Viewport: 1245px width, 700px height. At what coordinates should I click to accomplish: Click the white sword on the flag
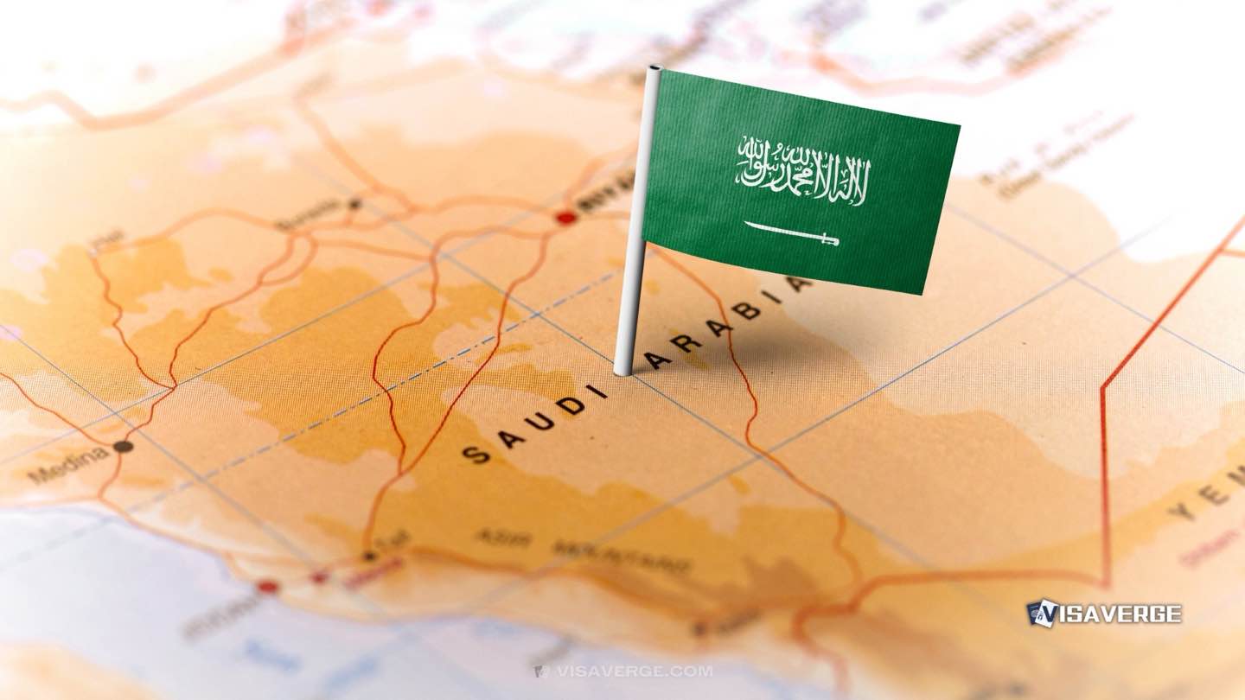pyautogui.click(x=791, y=233)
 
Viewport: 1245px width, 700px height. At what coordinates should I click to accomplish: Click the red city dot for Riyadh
pyautogui.click(x=566, y=218)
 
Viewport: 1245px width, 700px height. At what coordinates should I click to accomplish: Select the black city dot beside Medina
pyautogui.click(x=123, y=447)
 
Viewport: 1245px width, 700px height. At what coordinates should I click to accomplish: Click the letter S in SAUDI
pyautogui.click(x=473, y=455)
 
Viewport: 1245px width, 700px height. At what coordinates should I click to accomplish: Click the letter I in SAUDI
pyautogui.click(x=598, y=391)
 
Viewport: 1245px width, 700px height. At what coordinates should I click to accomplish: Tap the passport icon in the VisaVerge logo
pyautogui.click(x=1041, y=614)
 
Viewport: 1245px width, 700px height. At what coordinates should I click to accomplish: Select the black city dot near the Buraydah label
pyautogui.click(x=354, y=204)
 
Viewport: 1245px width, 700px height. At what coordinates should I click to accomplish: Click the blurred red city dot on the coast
pyautogui.click(x=268, y=587)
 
